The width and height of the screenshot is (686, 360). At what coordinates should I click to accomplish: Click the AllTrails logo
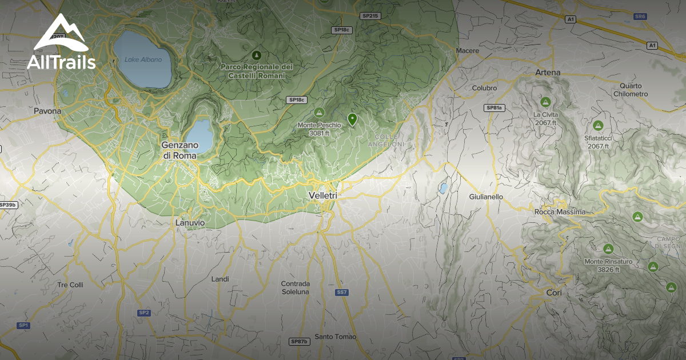pyautogui.click(x=61, y=43)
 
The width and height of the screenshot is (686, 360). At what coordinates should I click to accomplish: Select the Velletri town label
pyautogui.click(x=322, y=195)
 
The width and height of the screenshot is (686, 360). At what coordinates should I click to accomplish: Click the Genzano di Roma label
pyautogui.click(x=179, y=150)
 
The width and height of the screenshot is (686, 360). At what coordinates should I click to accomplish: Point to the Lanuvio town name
pyautogui.click(x=190, y=223)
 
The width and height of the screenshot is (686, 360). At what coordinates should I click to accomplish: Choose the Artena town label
pyautogui.click(x=548, y=73)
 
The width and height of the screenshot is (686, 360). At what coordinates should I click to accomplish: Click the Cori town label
pyautogui.click(x=553, y=293)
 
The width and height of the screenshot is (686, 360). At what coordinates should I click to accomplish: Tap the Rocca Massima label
pyautogui.click(x=560, y=212)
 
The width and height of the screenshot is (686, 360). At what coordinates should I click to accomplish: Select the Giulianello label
pyautogui.click(x=486, y=197)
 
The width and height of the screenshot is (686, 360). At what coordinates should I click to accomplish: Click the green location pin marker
pyautogui.click(x=352, y=119)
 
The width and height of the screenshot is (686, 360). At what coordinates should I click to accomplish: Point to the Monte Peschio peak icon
pyautogui.click(x=320, y=112)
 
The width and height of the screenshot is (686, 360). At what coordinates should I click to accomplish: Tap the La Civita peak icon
pyautogui.click(x=545, y=102)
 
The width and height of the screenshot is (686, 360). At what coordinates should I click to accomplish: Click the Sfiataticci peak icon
pyautogui.click(x=598, y=125)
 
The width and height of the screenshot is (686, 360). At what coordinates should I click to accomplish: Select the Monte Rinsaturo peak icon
pyautogui.click(x=608, y=249)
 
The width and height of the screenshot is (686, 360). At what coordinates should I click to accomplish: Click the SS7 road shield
pyautogui.click(x=342, y=293)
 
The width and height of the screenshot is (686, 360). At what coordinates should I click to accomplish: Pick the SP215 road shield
pyautogui.click(x=370, y=16)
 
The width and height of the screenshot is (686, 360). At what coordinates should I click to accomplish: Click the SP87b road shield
pyautogui.click(x=299, y=342)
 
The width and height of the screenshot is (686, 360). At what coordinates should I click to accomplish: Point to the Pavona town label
pyautogui.click(x=47, y=111)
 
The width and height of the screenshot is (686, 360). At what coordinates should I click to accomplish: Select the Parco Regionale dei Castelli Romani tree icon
pyautogui.click(x=257, y=55)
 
